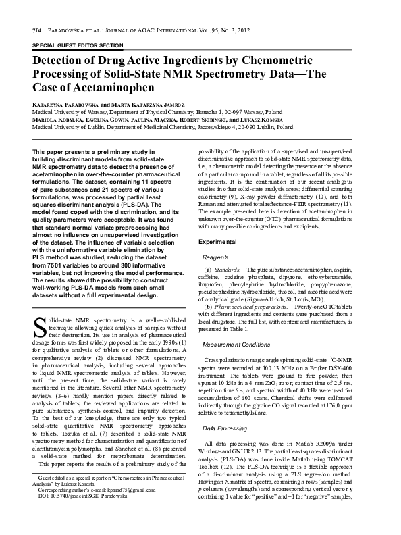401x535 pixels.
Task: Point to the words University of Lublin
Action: click(78, 127)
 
